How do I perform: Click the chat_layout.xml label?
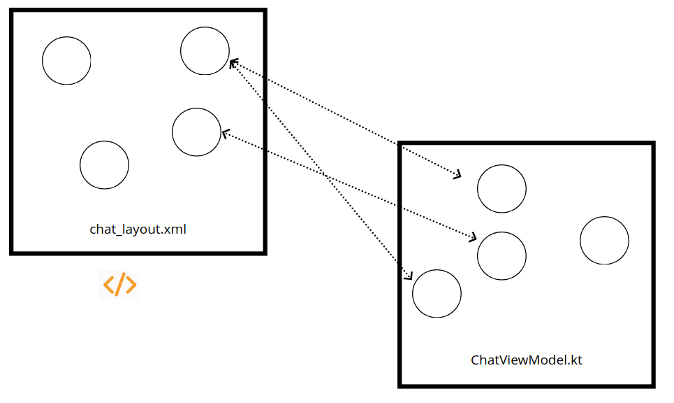(138, 229)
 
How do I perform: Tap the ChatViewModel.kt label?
(527, 360)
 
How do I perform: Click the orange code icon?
(119, 285)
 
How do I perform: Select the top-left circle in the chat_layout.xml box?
(66, 61)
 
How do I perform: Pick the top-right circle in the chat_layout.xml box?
(205, 50)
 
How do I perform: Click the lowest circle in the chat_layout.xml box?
(104, 165)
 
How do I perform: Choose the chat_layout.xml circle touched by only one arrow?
(196, 132)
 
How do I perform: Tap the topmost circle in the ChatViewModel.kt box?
(501, 188)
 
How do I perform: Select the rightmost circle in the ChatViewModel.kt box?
(604, 241)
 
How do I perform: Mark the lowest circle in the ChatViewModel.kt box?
(437, 293)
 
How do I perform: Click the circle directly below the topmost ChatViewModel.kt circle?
(501, 255)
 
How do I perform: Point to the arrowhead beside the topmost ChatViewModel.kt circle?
(457, 174)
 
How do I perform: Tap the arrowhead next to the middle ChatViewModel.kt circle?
(473, 238)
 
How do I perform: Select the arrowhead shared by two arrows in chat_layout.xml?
(234, 63)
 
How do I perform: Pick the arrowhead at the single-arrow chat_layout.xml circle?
(225, 132)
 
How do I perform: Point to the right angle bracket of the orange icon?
(131, 285)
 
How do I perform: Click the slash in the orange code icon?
(119, 285)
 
